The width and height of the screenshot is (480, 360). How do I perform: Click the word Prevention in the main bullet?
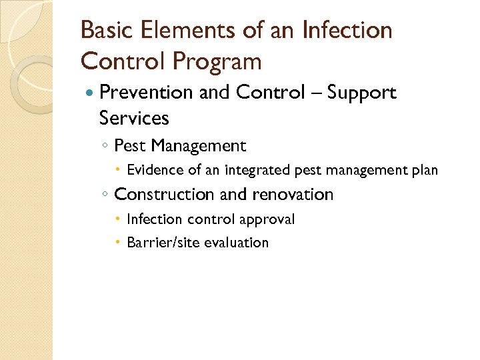[x=146, y=93]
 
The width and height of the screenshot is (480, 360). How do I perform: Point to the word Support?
[x=363, y=93]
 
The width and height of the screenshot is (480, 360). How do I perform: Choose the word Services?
[x=134, y=118]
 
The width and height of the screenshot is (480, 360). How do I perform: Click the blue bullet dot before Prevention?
[x=91, y=93]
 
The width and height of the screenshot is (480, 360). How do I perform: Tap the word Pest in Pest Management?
[x=130, y=145]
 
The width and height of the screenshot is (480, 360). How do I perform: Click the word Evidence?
[x=155, y=170]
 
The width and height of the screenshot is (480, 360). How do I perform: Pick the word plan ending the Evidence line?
[x=424, y=170]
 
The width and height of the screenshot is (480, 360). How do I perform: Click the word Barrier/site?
[x=159, y=243]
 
